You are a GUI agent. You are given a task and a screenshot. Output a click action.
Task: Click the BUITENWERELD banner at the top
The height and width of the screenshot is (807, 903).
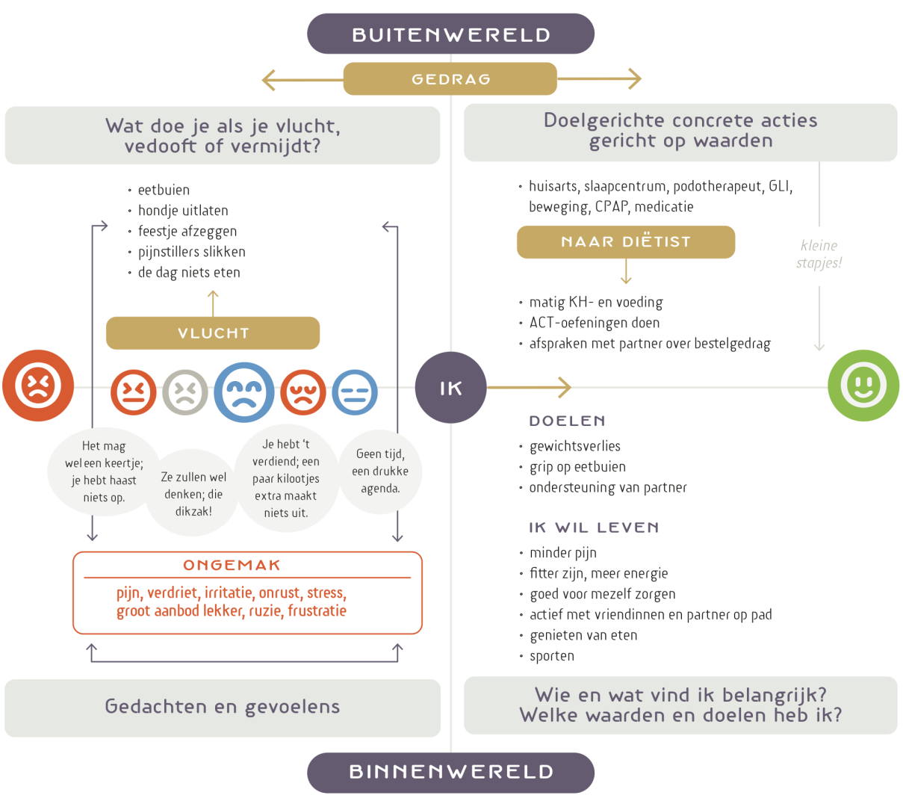[450, 34]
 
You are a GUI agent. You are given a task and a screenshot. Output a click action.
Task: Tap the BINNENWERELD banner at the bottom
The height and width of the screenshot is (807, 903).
[450, 772]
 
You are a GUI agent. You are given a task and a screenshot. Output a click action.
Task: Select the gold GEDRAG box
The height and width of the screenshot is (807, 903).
[450, 79]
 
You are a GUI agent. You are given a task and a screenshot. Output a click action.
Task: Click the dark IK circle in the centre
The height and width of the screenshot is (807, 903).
[450, 388]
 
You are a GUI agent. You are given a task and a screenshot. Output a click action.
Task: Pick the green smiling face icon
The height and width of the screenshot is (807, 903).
[863, 386]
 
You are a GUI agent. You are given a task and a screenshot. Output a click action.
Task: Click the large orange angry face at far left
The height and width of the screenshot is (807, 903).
[38, 386]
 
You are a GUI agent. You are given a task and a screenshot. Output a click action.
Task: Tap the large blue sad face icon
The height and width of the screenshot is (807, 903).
[243, 392]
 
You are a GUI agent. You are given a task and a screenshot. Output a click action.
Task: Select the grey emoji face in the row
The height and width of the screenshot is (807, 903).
[185, 392]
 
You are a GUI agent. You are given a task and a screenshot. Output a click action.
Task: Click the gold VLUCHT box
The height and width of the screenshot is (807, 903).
[213, 333]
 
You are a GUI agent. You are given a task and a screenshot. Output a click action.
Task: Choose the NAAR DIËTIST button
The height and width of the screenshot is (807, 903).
[626, 242]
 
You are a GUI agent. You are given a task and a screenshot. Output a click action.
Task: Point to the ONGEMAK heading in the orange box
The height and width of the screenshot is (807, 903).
[232, 566]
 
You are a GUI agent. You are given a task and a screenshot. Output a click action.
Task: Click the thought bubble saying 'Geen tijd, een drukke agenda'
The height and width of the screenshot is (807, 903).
[380, 471]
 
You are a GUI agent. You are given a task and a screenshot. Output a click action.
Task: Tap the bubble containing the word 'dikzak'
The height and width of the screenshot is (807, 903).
[193, 494]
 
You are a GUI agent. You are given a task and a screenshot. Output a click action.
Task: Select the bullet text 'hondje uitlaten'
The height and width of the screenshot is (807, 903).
[183, 211]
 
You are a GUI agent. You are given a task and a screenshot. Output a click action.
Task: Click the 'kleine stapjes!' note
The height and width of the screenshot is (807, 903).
[819, 254]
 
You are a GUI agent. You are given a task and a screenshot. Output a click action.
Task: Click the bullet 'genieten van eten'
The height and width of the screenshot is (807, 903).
[583, 635]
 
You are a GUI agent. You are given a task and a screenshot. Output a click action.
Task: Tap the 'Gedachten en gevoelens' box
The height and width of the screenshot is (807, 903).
[223, 707]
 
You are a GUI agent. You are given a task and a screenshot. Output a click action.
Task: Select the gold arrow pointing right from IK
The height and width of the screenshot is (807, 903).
[530, 387]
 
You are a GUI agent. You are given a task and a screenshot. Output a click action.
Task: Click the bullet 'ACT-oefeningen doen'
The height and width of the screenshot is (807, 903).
[595, 323]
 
